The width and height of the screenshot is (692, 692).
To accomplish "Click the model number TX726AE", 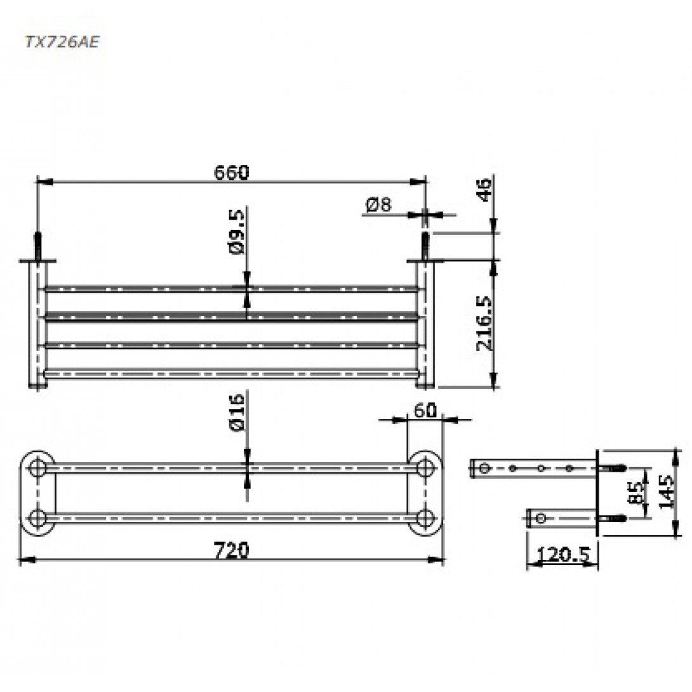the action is pyautogui.click(x=62, y=41).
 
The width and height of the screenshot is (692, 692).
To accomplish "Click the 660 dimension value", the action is pyautogui.click(x=231, y=172).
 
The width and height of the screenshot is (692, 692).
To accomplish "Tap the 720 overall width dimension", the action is pyautogui.click(x=231, y=550).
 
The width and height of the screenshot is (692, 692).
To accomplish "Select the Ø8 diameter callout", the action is pyautogui.click(x=378, y=205).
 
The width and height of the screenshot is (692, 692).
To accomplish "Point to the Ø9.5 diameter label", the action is pyautogui.click(x=237, y=232).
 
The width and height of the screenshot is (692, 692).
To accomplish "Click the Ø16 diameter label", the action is pyautogui.click(x=237, y=413).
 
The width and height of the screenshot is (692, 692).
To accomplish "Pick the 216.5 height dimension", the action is pyautogui.click(x=484, y=324).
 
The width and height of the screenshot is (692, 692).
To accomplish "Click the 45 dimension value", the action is pyautogui.click(x=485, y=190).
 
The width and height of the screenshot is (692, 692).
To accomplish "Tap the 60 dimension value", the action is pyautogui.click(x=425, y=410).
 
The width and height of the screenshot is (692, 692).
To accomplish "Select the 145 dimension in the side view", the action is pyautogui.click(x=666, y=491).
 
